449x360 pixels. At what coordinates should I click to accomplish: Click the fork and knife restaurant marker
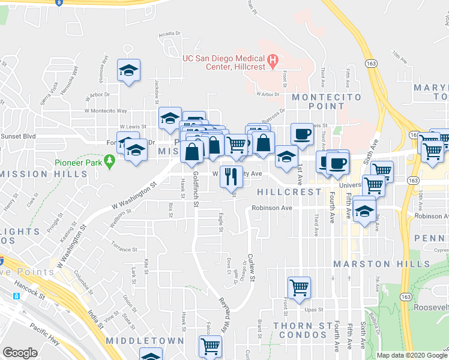pyautogui.click(x=229, y=176)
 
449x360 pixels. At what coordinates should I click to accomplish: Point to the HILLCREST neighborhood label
pyautogui.click(x=289, y=192)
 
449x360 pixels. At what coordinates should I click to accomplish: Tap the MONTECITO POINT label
pyautogui.click(x=327, y=102)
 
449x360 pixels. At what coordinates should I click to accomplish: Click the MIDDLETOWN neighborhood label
pyautogui.click(x=144, y=340)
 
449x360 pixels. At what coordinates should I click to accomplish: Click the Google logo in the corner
pyautogui.click(x=20, y=353)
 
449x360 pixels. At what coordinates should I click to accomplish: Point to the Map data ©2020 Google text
pyautogui.click(x=412, y=355)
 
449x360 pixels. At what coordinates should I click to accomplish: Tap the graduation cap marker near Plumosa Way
pyautogui.click(x=128, y=71)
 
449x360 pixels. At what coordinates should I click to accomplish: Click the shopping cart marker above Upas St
pyautogui.click(x=299, y=287)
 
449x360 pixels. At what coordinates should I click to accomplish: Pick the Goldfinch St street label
pyautogui.click(x=196, y=190)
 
